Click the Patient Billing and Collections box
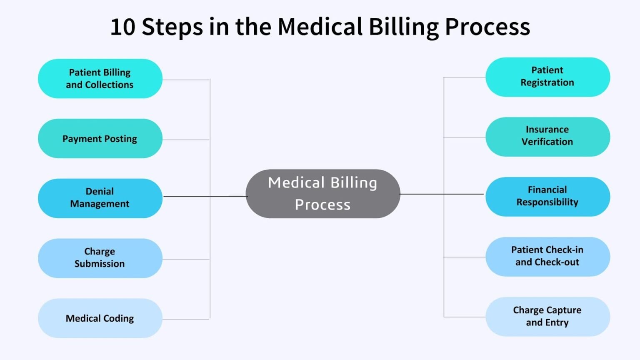(x=100, y=79)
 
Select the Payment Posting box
(x=100, y=139)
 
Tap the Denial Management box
(x=100, y=198)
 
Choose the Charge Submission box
(x=100, y=258)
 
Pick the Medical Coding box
(x=100, y=318)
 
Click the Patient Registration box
(x=547, y=77)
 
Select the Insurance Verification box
(x=547, y=136)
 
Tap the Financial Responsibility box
(x=547, y=196)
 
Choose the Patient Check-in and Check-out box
(x=547, y=256)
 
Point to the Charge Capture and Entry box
(x=547, y=316)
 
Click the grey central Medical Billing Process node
(x=323, y=194)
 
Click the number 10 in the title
(x=123, y=27)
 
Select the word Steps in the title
(x=172, y=28)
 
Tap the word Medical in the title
(x=320, y=27)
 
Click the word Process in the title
(x=487, y=27)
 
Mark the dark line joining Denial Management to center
(x=204, y=196)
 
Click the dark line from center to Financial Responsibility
(x=442, y=194)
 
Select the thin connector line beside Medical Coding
(x=185, y=320)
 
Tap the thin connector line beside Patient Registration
(x=465, y=77)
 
